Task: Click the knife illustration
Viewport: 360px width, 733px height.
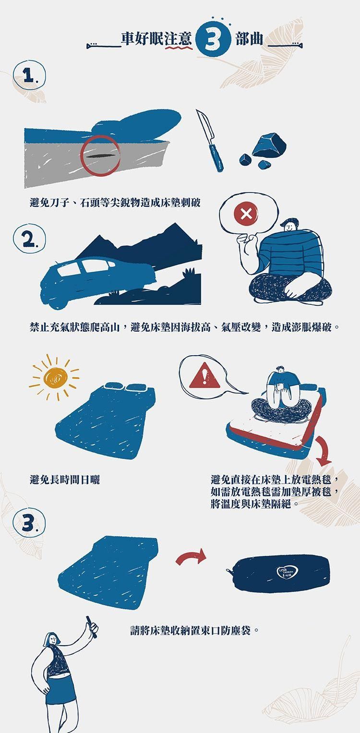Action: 210,140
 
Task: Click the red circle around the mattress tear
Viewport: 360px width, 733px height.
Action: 100,156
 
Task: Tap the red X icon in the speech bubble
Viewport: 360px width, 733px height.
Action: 245,213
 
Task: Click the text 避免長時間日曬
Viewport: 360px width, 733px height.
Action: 65,479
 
